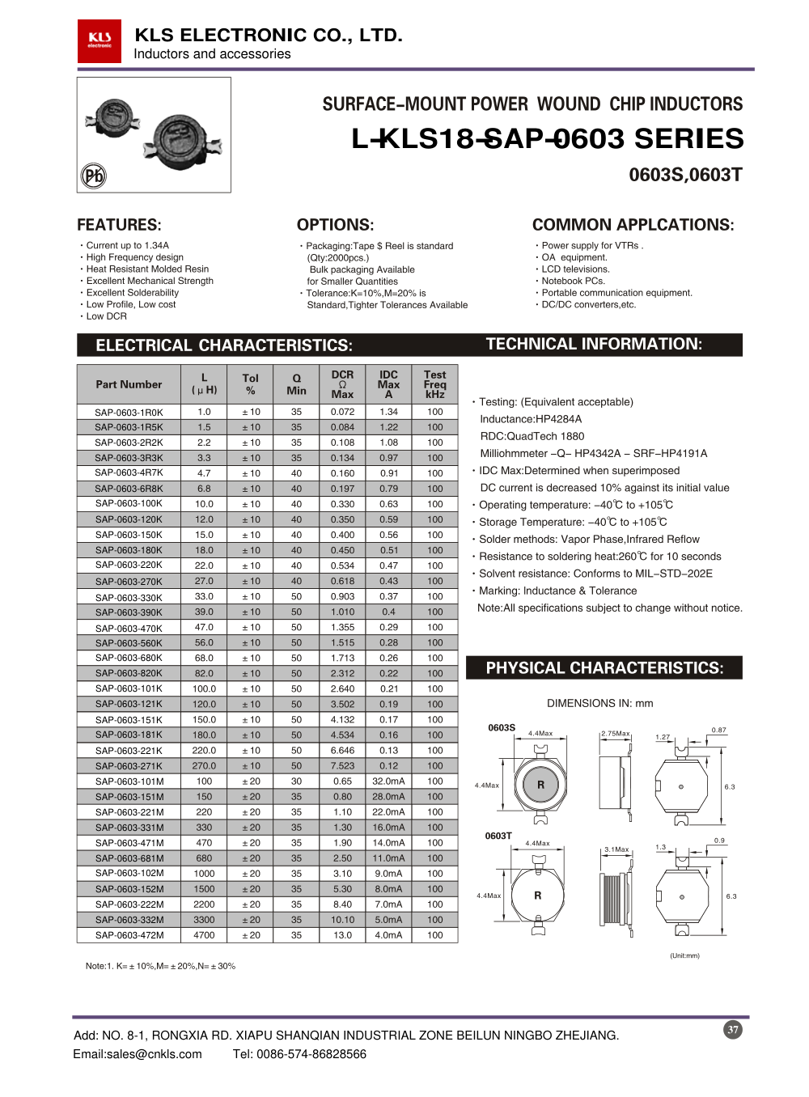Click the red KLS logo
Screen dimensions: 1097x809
coord(100,40)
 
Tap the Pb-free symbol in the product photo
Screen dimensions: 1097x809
coord(94,176)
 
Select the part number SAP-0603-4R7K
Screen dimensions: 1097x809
coord(129,473)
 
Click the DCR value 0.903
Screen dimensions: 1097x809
coord(342,596)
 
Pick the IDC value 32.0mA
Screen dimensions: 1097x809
coord(388,781)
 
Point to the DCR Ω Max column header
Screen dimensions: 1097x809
coord(342,384)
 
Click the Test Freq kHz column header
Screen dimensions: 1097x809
coord(434,384)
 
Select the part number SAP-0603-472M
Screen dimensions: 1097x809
coord(129,935)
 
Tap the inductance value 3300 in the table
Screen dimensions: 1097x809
coord(204,920)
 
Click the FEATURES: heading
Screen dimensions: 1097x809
coord(119,225)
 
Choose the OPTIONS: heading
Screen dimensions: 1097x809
coord(335,225)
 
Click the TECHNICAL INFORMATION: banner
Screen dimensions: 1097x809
coord(594,345)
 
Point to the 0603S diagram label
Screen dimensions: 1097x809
coord(502,727)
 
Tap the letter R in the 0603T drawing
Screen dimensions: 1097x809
coord(537,896)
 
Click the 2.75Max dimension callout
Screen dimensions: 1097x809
coord(615,734)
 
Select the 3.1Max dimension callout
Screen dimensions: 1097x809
coord(616,849)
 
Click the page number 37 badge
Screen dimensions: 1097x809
coord(732,1030)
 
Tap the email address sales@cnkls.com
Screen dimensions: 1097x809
coord(137,1054)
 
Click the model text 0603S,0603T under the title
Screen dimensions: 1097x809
coord(685,175)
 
